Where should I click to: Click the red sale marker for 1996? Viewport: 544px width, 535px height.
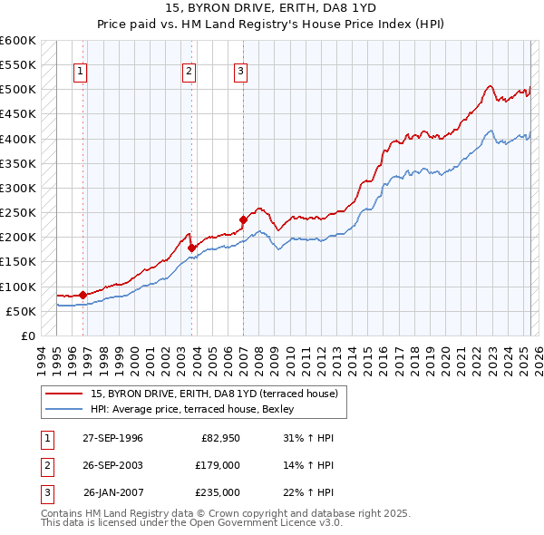83,295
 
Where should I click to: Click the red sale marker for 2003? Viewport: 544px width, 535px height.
191,248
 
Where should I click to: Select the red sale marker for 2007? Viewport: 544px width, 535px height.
243,219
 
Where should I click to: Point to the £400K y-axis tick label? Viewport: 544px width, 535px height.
17,139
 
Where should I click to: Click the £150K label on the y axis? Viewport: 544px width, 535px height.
17,262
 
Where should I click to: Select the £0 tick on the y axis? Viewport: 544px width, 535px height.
27,336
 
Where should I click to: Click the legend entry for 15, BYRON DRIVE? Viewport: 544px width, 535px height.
214,394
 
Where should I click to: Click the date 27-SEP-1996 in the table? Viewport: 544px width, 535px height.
112,438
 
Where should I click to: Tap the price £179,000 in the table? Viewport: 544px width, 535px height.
218,465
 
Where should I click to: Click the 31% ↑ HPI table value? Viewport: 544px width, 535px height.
308,438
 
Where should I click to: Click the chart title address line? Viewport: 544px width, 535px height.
272,8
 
